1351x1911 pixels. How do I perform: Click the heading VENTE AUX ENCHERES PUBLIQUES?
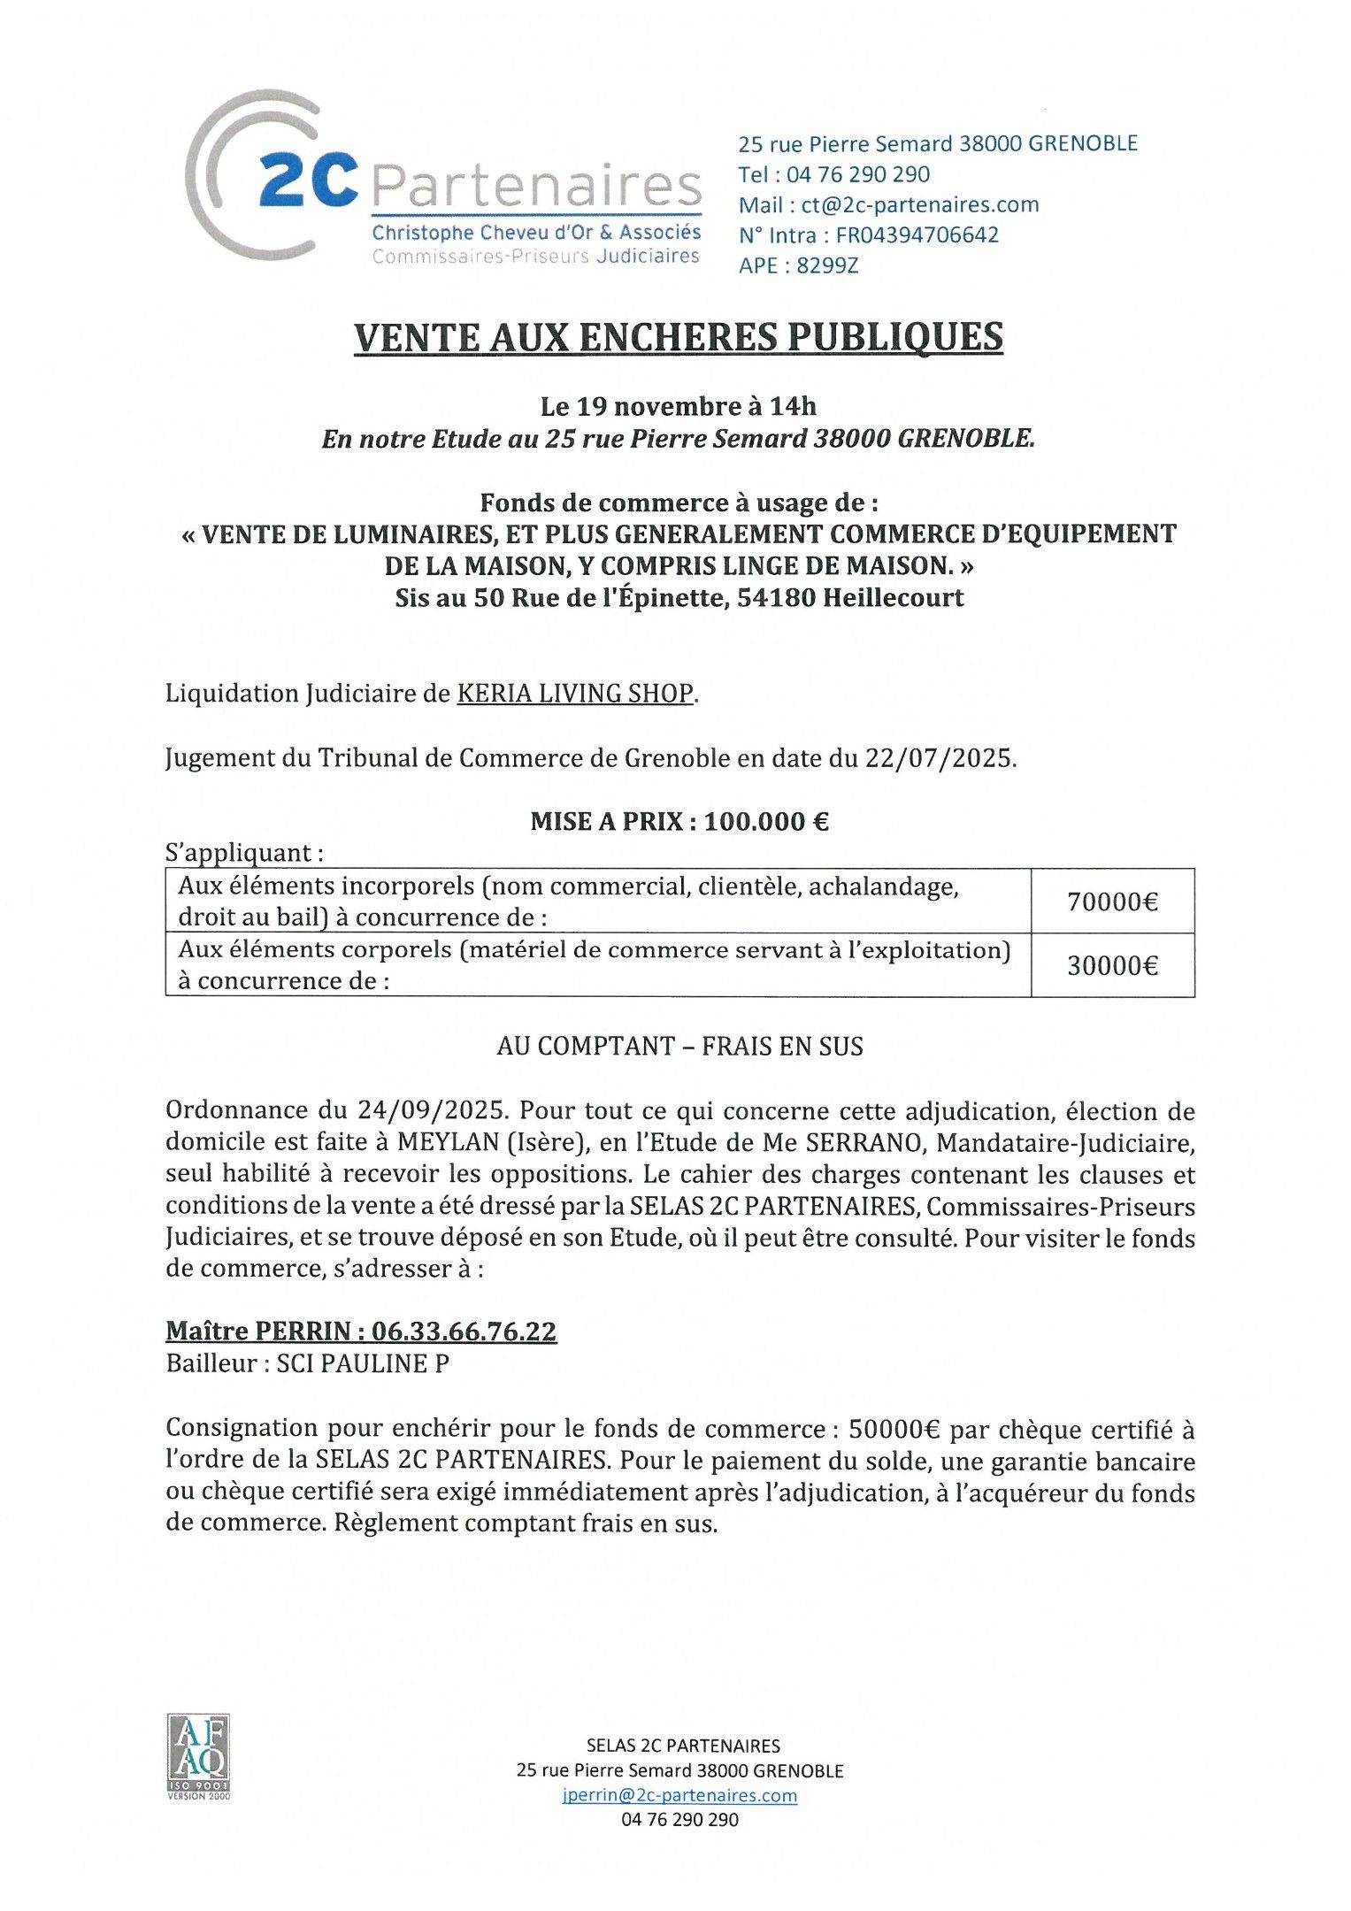click(679, 337)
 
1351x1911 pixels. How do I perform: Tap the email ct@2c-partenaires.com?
click(920, 205)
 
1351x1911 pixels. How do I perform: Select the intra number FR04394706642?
click(917, 235)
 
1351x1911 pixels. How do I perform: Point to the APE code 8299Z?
click(827, 265)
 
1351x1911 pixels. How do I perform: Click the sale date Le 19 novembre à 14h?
click(679, 407)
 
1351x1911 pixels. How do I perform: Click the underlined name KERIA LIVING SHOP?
click(575, 694)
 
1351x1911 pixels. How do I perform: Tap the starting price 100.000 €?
click(767, 822)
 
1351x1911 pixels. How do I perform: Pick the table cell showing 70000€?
click(1112, 902)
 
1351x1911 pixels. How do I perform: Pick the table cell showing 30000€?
click(1112, 965)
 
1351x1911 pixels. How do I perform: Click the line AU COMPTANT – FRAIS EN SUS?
click(679, 1047)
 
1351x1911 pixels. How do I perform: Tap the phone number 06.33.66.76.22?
click(464, 1332)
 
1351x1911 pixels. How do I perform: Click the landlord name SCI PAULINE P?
click(363, 1363)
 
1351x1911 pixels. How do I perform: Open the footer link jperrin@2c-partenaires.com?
click(679, 1795)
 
